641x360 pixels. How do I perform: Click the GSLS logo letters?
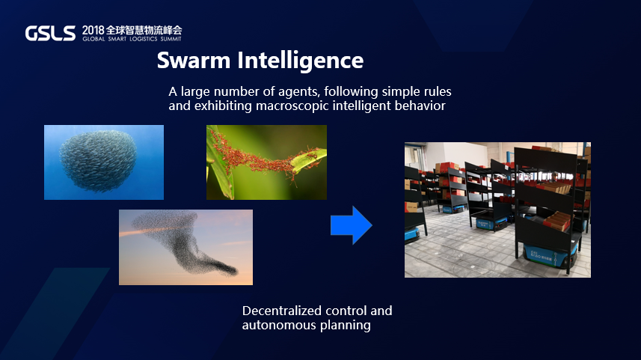click(50, 33)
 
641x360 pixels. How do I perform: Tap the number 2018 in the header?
click(93, 30)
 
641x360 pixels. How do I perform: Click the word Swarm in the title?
click(194, 61)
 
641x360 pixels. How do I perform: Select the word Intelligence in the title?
click(301, 61)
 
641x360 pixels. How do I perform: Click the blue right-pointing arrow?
click(352, 225)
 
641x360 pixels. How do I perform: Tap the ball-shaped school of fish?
click(99, 161)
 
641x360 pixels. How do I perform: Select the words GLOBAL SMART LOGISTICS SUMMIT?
click(132, 39)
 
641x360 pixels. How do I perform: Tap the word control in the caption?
click(346, 311)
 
